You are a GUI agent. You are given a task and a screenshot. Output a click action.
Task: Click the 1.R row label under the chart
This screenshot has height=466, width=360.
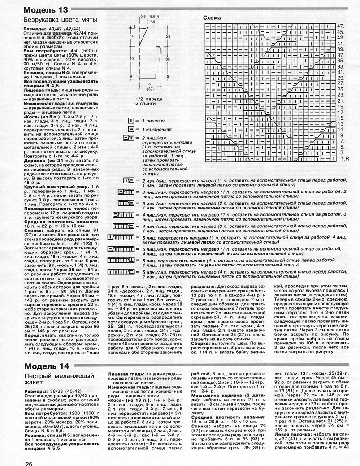(344, 159)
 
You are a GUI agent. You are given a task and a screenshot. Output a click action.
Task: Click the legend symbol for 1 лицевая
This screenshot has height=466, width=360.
(131, 121)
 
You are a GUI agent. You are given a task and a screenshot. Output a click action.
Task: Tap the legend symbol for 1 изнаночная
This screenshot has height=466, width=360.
(131, 130)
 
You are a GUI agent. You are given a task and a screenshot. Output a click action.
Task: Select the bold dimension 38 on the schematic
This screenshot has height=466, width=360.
(167, 58)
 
